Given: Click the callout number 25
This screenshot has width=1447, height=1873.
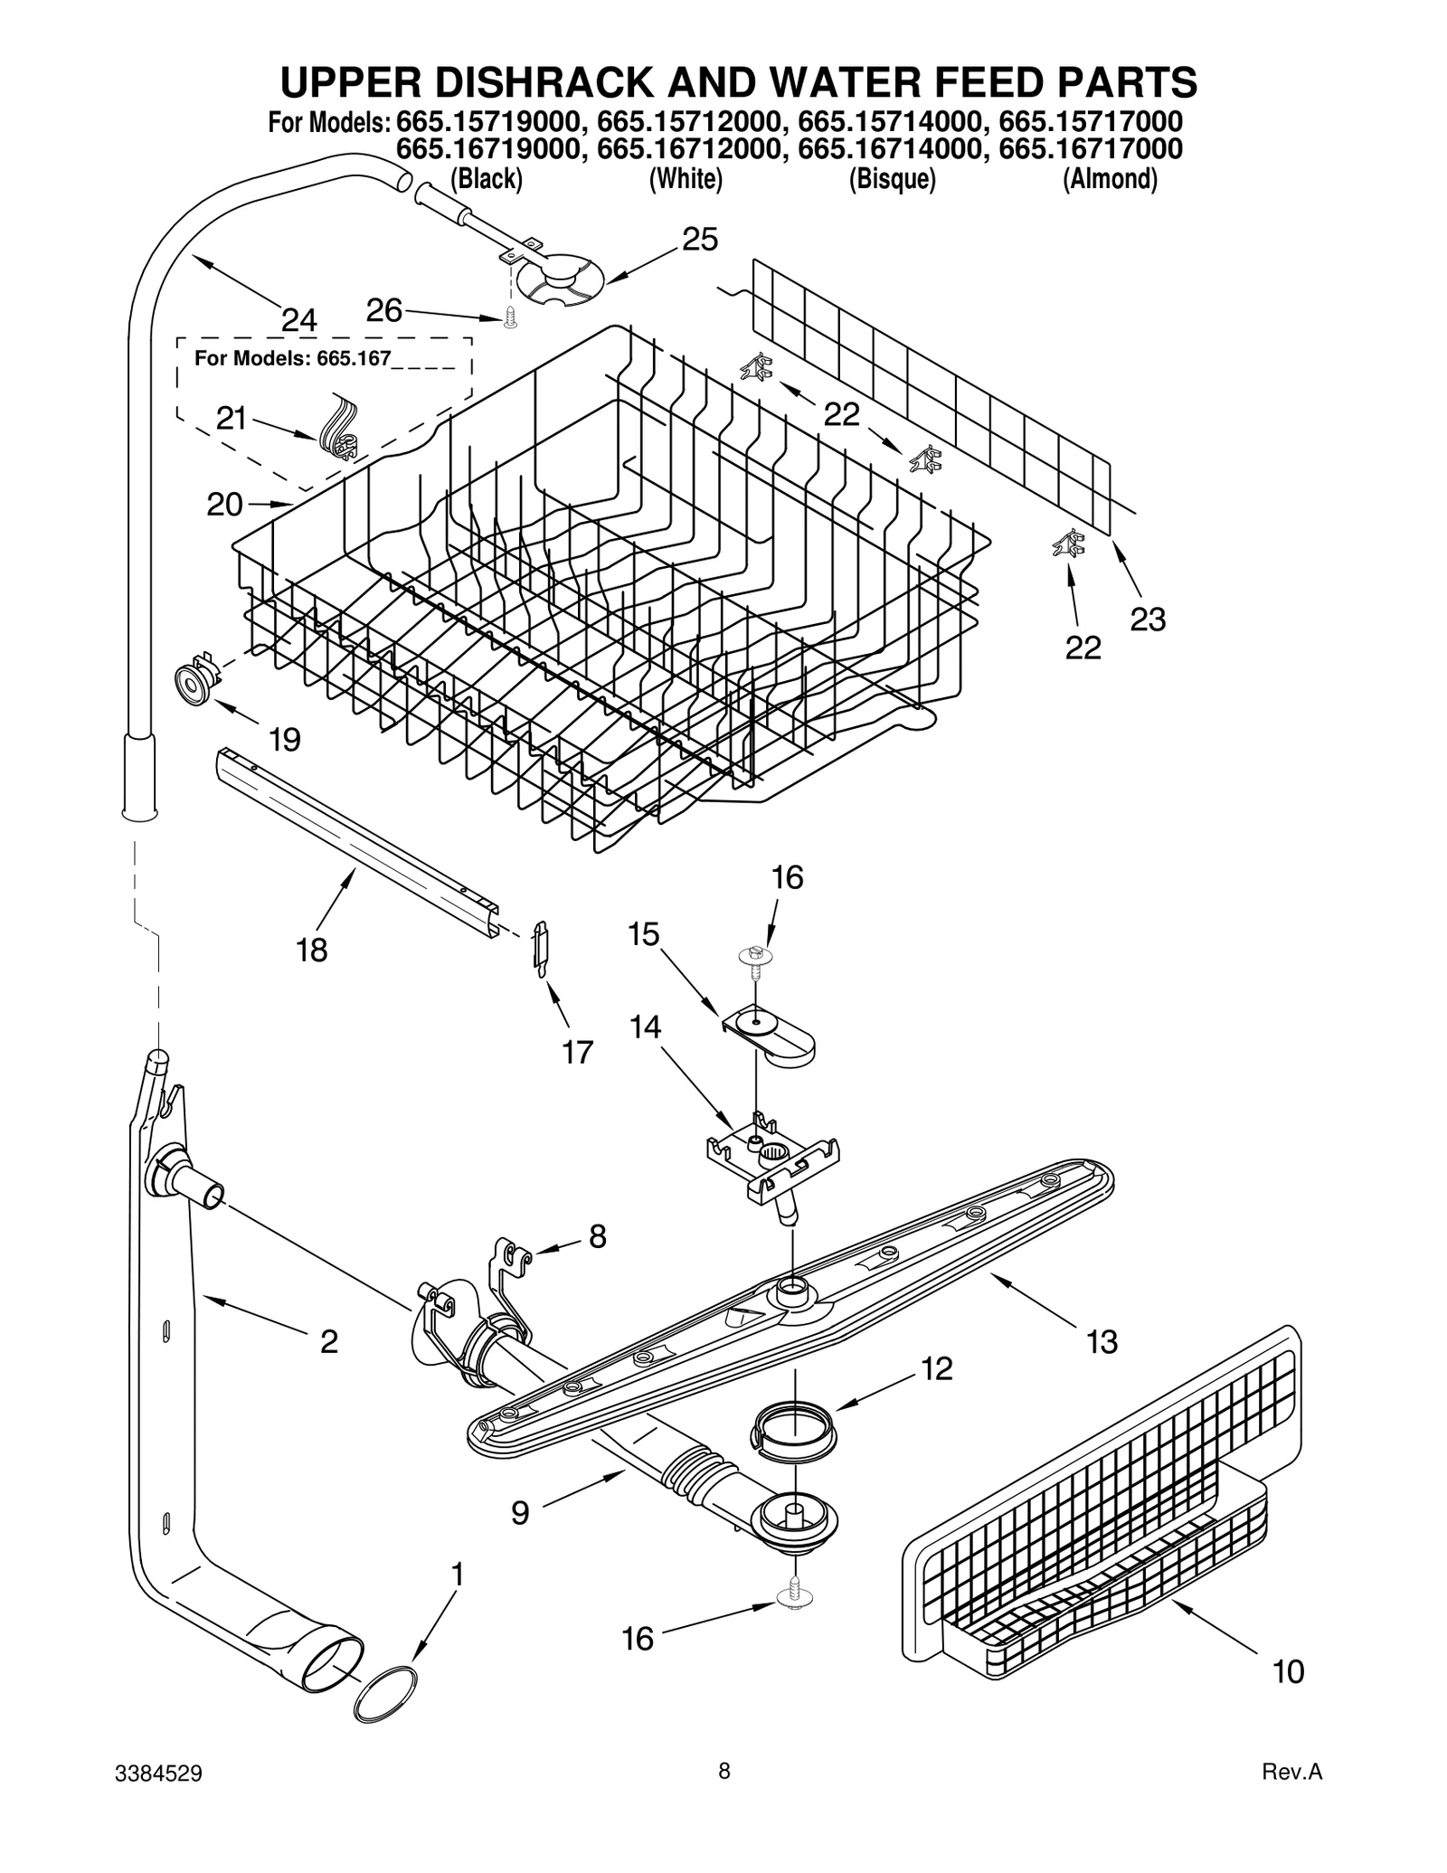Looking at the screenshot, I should coord(699,240).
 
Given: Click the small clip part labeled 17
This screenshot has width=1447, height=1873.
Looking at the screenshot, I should coord(540,948).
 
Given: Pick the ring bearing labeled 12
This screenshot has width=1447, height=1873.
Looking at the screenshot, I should coord(793,1430).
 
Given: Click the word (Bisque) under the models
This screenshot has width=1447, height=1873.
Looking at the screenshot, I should coord(891,179).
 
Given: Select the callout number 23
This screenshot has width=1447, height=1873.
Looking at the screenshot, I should coord(1148,620).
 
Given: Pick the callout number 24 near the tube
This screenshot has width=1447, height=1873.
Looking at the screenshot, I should coord(299,320).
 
